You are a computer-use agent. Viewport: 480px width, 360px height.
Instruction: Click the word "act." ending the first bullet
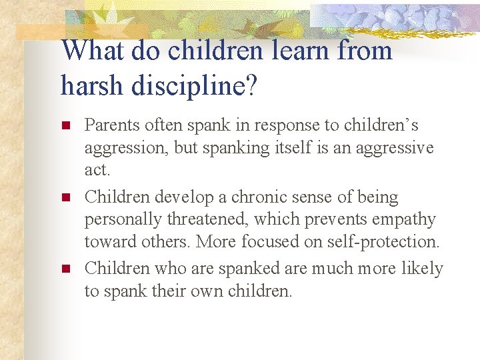coord(97,170)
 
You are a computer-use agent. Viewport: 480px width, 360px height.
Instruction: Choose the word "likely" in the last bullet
coord(420,269)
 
